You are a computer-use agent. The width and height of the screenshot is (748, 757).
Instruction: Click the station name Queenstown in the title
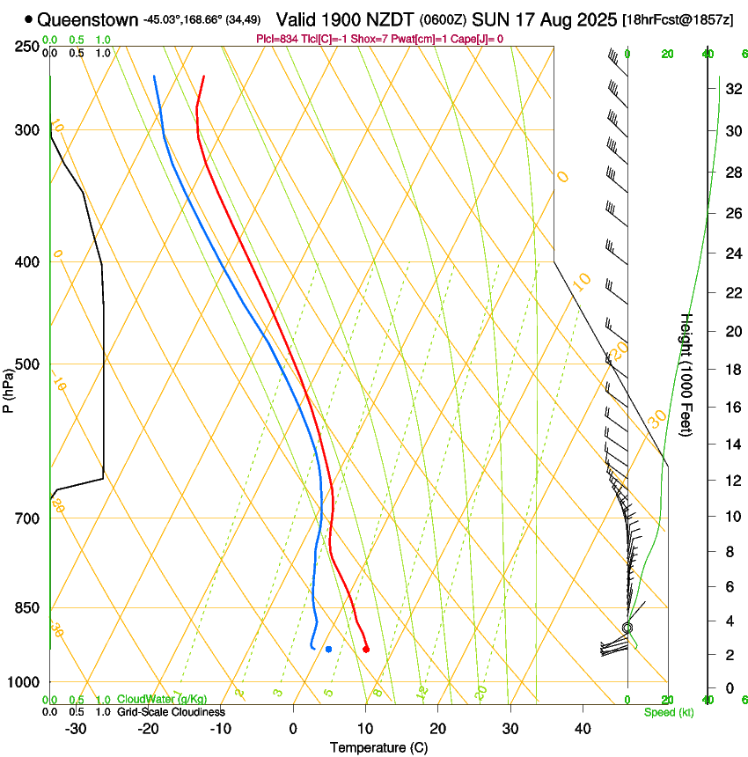tap(87, 18)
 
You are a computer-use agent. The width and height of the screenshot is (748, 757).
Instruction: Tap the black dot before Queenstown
tap(29, 18)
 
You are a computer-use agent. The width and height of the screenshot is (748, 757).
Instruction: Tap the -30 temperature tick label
tap(76, 728)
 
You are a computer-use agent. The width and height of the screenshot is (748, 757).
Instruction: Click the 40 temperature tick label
tap(582, 728)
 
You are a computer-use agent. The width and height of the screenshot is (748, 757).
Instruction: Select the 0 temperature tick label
tap(293, 728)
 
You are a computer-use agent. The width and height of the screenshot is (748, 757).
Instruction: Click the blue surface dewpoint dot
tap(328, 650)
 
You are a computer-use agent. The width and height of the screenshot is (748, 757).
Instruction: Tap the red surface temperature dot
tap(366, 650)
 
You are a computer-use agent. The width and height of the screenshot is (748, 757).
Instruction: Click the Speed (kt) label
tap(668, 712)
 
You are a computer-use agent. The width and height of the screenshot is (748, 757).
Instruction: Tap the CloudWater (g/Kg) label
tap(161, 700)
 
